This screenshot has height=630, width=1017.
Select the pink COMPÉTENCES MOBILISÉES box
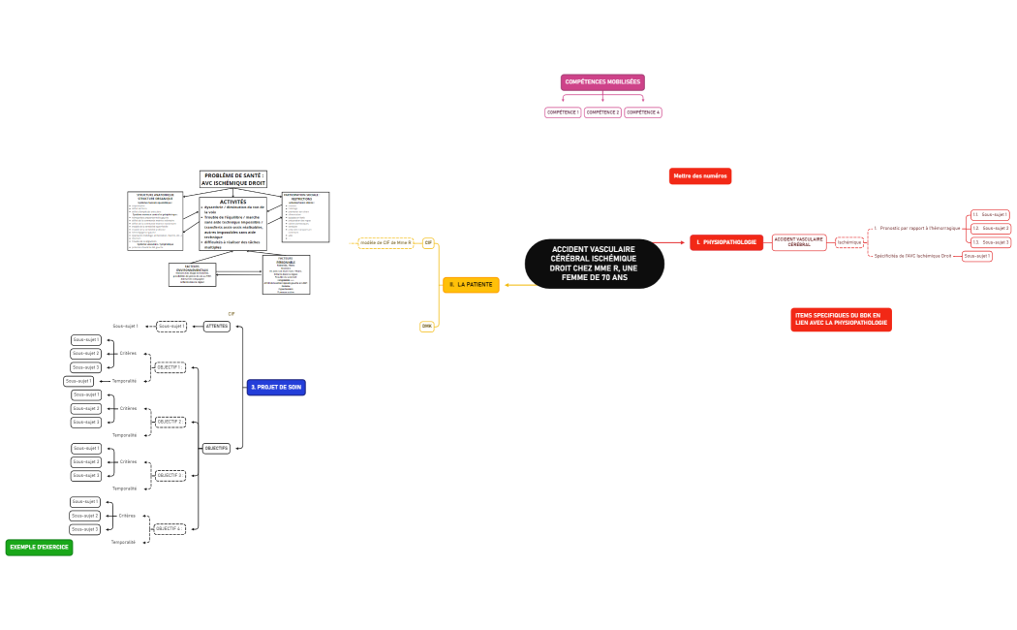point(602,82)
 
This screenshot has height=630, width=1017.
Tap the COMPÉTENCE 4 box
point(643,112)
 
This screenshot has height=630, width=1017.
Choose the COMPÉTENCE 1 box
point(564,112)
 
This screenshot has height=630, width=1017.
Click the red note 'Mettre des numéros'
point(701,176)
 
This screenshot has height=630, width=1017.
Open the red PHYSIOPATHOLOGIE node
point(727,241)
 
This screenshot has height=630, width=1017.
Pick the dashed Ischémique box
point(848,242)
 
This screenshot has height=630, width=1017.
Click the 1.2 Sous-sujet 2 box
point(991,228)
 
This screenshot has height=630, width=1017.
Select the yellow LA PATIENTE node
point(471,285)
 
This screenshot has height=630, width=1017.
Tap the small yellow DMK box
point(426,326)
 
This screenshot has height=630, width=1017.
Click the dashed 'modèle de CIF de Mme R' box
point(385,242)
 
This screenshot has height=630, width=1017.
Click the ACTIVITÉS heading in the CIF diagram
point(233,202)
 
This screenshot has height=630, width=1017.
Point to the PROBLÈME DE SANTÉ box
point(233,179)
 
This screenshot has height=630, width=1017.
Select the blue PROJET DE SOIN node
point(276,387)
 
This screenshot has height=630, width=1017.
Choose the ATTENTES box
point(217,326)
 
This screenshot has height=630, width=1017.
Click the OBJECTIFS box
point(216,448)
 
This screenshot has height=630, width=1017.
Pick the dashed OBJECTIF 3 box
point(169,475)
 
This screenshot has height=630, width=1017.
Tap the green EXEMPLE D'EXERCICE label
point(39,548)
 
